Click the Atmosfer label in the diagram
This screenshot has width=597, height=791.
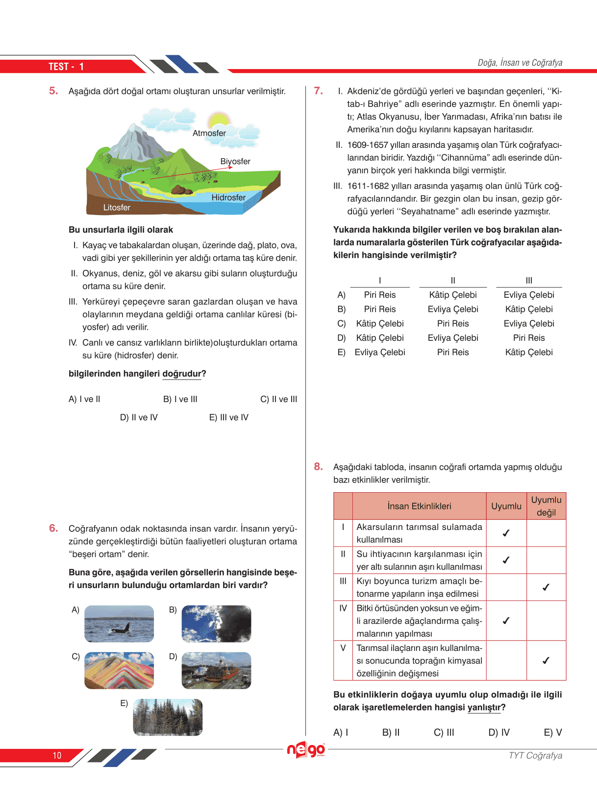(209, 133)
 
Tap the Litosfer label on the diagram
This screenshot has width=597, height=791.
(117, 208)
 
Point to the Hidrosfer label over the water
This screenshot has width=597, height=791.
(228, 197)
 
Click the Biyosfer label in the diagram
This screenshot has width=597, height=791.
(235, 162)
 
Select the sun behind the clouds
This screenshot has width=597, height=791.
(219, 120)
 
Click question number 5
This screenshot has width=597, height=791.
(53, 91)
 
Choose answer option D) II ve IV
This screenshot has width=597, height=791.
(139, 417)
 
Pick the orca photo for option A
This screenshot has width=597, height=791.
(119, 623)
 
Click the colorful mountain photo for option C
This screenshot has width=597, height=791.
(119, 670)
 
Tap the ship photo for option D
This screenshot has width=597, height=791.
(216, 670)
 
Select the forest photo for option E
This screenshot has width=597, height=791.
(168, 717)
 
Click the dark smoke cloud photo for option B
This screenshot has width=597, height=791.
(216, 623)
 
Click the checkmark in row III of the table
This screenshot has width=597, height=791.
(546, 587)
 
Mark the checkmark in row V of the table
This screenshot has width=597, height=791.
(546, 661)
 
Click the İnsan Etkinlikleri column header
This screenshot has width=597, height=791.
(419, 506)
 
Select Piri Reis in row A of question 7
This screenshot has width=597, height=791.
(380, 295)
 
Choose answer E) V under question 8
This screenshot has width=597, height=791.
(553, 733)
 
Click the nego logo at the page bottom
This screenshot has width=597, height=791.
(306, 750)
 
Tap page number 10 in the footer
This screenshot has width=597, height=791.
(57, 756)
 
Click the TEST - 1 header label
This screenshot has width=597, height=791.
(66, 67)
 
